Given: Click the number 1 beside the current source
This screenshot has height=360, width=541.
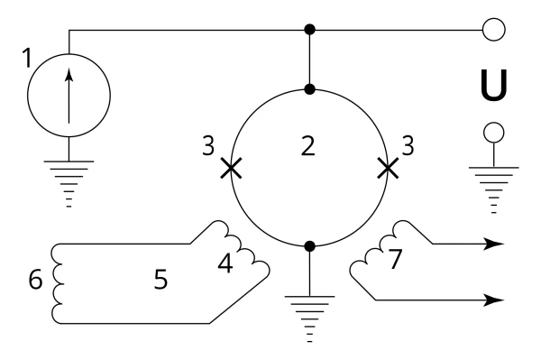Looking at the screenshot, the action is [27, 58].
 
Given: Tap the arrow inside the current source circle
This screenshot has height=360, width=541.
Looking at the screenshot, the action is [69, 96].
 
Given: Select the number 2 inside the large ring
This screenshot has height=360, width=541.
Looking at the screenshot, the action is [308, 146].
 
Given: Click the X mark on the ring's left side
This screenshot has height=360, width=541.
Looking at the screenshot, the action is [231, 168].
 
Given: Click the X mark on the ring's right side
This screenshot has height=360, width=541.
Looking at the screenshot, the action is [388, 168].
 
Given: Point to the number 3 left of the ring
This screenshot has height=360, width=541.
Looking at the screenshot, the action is [208, 145].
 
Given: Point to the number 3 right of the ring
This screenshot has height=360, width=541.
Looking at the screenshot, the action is [408, 145].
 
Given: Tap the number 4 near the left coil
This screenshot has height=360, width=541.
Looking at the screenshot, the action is [225, 263].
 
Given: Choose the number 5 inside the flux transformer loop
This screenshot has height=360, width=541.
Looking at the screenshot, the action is [160, 279].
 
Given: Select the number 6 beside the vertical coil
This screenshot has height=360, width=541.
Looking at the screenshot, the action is [35, 279].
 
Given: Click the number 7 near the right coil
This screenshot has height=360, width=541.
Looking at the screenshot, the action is [396, 259].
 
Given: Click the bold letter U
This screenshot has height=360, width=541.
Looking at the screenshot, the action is [494, 85].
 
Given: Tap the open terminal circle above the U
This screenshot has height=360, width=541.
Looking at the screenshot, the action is [494, 30].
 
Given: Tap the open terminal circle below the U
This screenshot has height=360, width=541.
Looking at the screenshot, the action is [494, 133].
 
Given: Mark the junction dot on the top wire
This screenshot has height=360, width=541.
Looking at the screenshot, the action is [310, 30].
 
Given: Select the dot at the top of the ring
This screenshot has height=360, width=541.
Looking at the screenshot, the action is [310, 89].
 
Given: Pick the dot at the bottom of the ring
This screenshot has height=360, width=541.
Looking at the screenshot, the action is [310, 246].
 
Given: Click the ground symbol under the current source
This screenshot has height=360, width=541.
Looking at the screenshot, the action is [69, 184].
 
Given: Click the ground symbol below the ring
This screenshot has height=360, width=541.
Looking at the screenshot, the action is [310, 318].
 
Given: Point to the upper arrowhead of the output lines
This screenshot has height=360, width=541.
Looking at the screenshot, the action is [493, 244].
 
